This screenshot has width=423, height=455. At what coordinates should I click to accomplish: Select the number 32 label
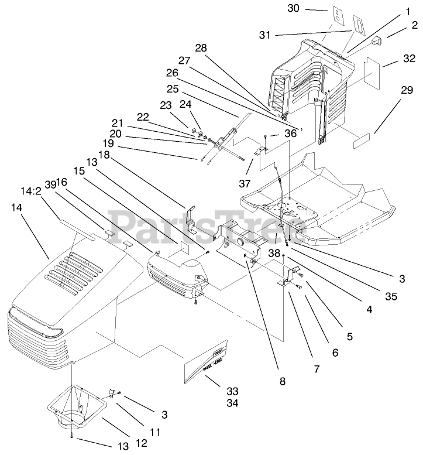(393, 59)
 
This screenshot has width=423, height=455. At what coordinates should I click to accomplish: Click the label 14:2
(29, 191)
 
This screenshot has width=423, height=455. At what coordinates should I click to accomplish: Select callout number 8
(283, 381)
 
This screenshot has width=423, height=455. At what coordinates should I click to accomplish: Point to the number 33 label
(216, 391)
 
